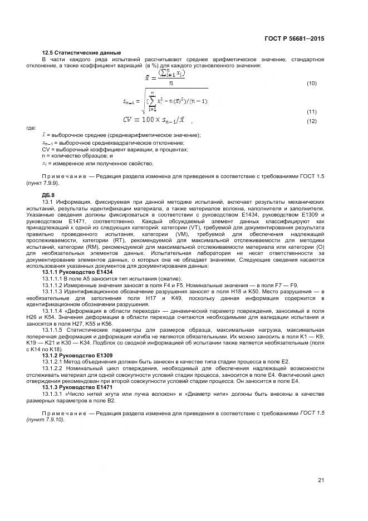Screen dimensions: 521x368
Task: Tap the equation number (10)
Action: coord(312,83)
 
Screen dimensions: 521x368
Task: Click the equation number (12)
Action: coord(312,121)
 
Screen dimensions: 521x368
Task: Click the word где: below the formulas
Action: coord(32,128)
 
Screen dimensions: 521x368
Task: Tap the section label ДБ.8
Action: coord(49,195)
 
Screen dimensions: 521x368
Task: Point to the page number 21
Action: coord(321,480)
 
